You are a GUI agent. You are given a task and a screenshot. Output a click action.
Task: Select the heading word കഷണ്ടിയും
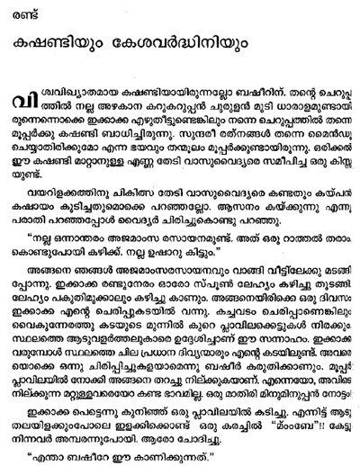pyautogui.click(x=75, y=49)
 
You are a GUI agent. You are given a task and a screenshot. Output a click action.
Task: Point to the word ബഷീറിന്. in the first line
pyautogui.click(x=263, y=103)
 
